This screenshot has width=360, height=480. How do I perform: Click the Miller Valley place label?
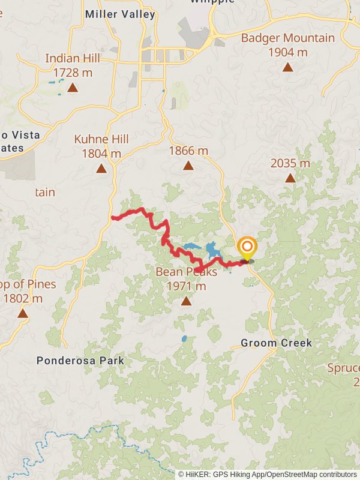click(x=120, y=14)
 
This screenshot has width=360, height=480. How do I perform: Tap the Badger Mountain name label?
click(x=288, y=38)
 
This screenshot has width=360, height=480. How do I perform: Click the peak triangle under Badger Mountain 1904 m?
click(x=289, y=67)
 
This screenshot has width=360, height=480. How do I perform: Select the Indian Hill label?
click(x=73, y=59)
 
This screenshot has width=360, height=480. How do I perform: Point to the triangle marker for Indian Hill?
click(x=73, y=88)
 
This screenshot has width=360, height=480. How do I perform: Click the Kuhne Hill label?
click(x=101, y=139)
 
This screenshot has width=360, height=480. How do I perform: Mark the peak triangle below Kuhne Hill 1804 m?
click(x=101, y=169)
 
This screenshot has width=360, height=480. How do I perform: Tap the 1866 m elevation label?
click(x=188, y=151)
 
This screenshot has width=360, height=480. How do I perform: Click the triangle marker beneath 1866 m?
click(x=188, y=166)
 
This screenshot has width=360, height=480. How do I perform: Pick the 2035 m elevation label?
click(x=290, y=163)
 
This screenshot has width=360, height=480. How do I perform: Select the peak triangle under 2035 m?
click(x=290, y=178)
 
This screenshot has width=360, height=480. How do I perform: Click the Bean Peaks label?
click(x=186, y=272)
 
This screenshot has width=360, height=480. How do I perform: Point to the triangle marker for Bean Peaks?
click(x=186, y=301)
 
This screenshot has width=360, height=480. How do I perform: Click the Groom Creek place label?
click(x=276, y=343)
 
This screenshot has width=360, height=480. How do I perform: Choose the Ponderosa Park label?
click(x=80, y=361)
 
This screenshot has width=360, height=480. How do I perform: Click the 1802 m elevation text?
click(x=23, y=298)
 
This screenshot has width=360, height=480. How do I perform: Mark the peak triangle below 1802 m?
click(x=23, y=313)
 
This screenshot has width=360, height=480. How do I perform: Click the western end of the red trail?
click(x=113, y=218)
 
